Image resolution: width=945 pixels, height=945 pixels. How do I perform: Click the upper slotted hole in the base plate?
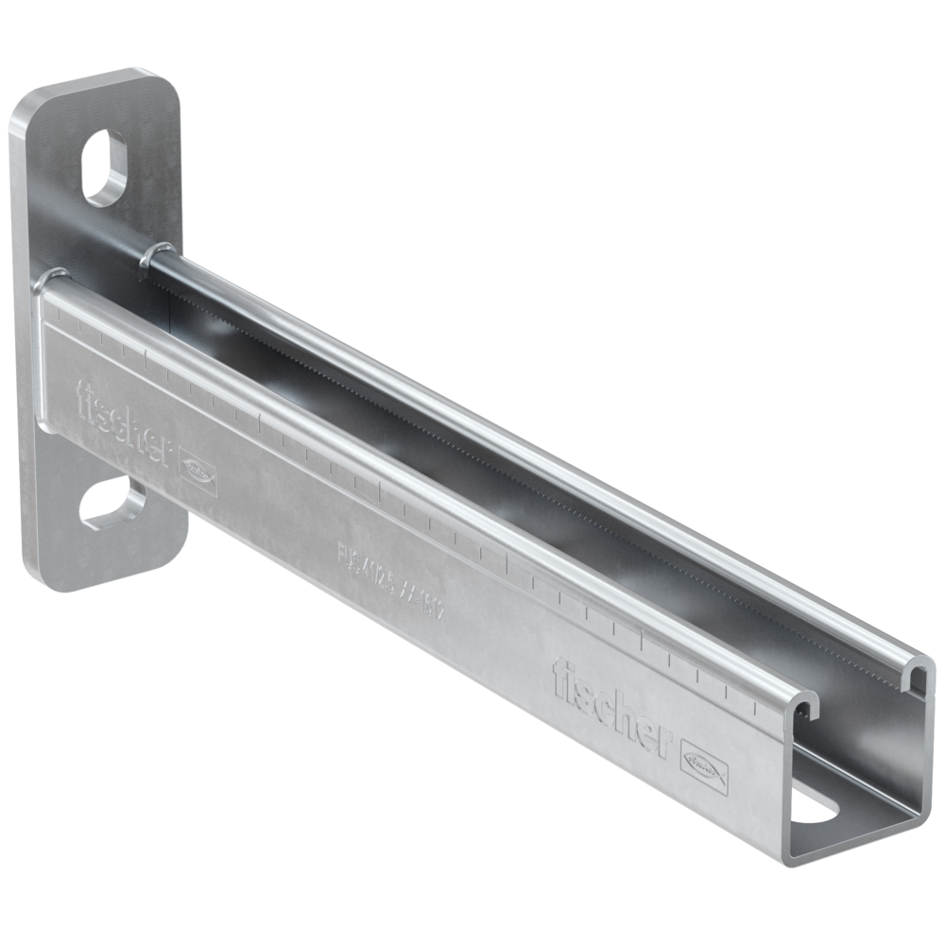click(x=104, y=167)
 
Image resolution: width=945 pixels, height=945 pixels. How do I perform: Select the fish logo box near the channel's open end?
click(x=704, y=763)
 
